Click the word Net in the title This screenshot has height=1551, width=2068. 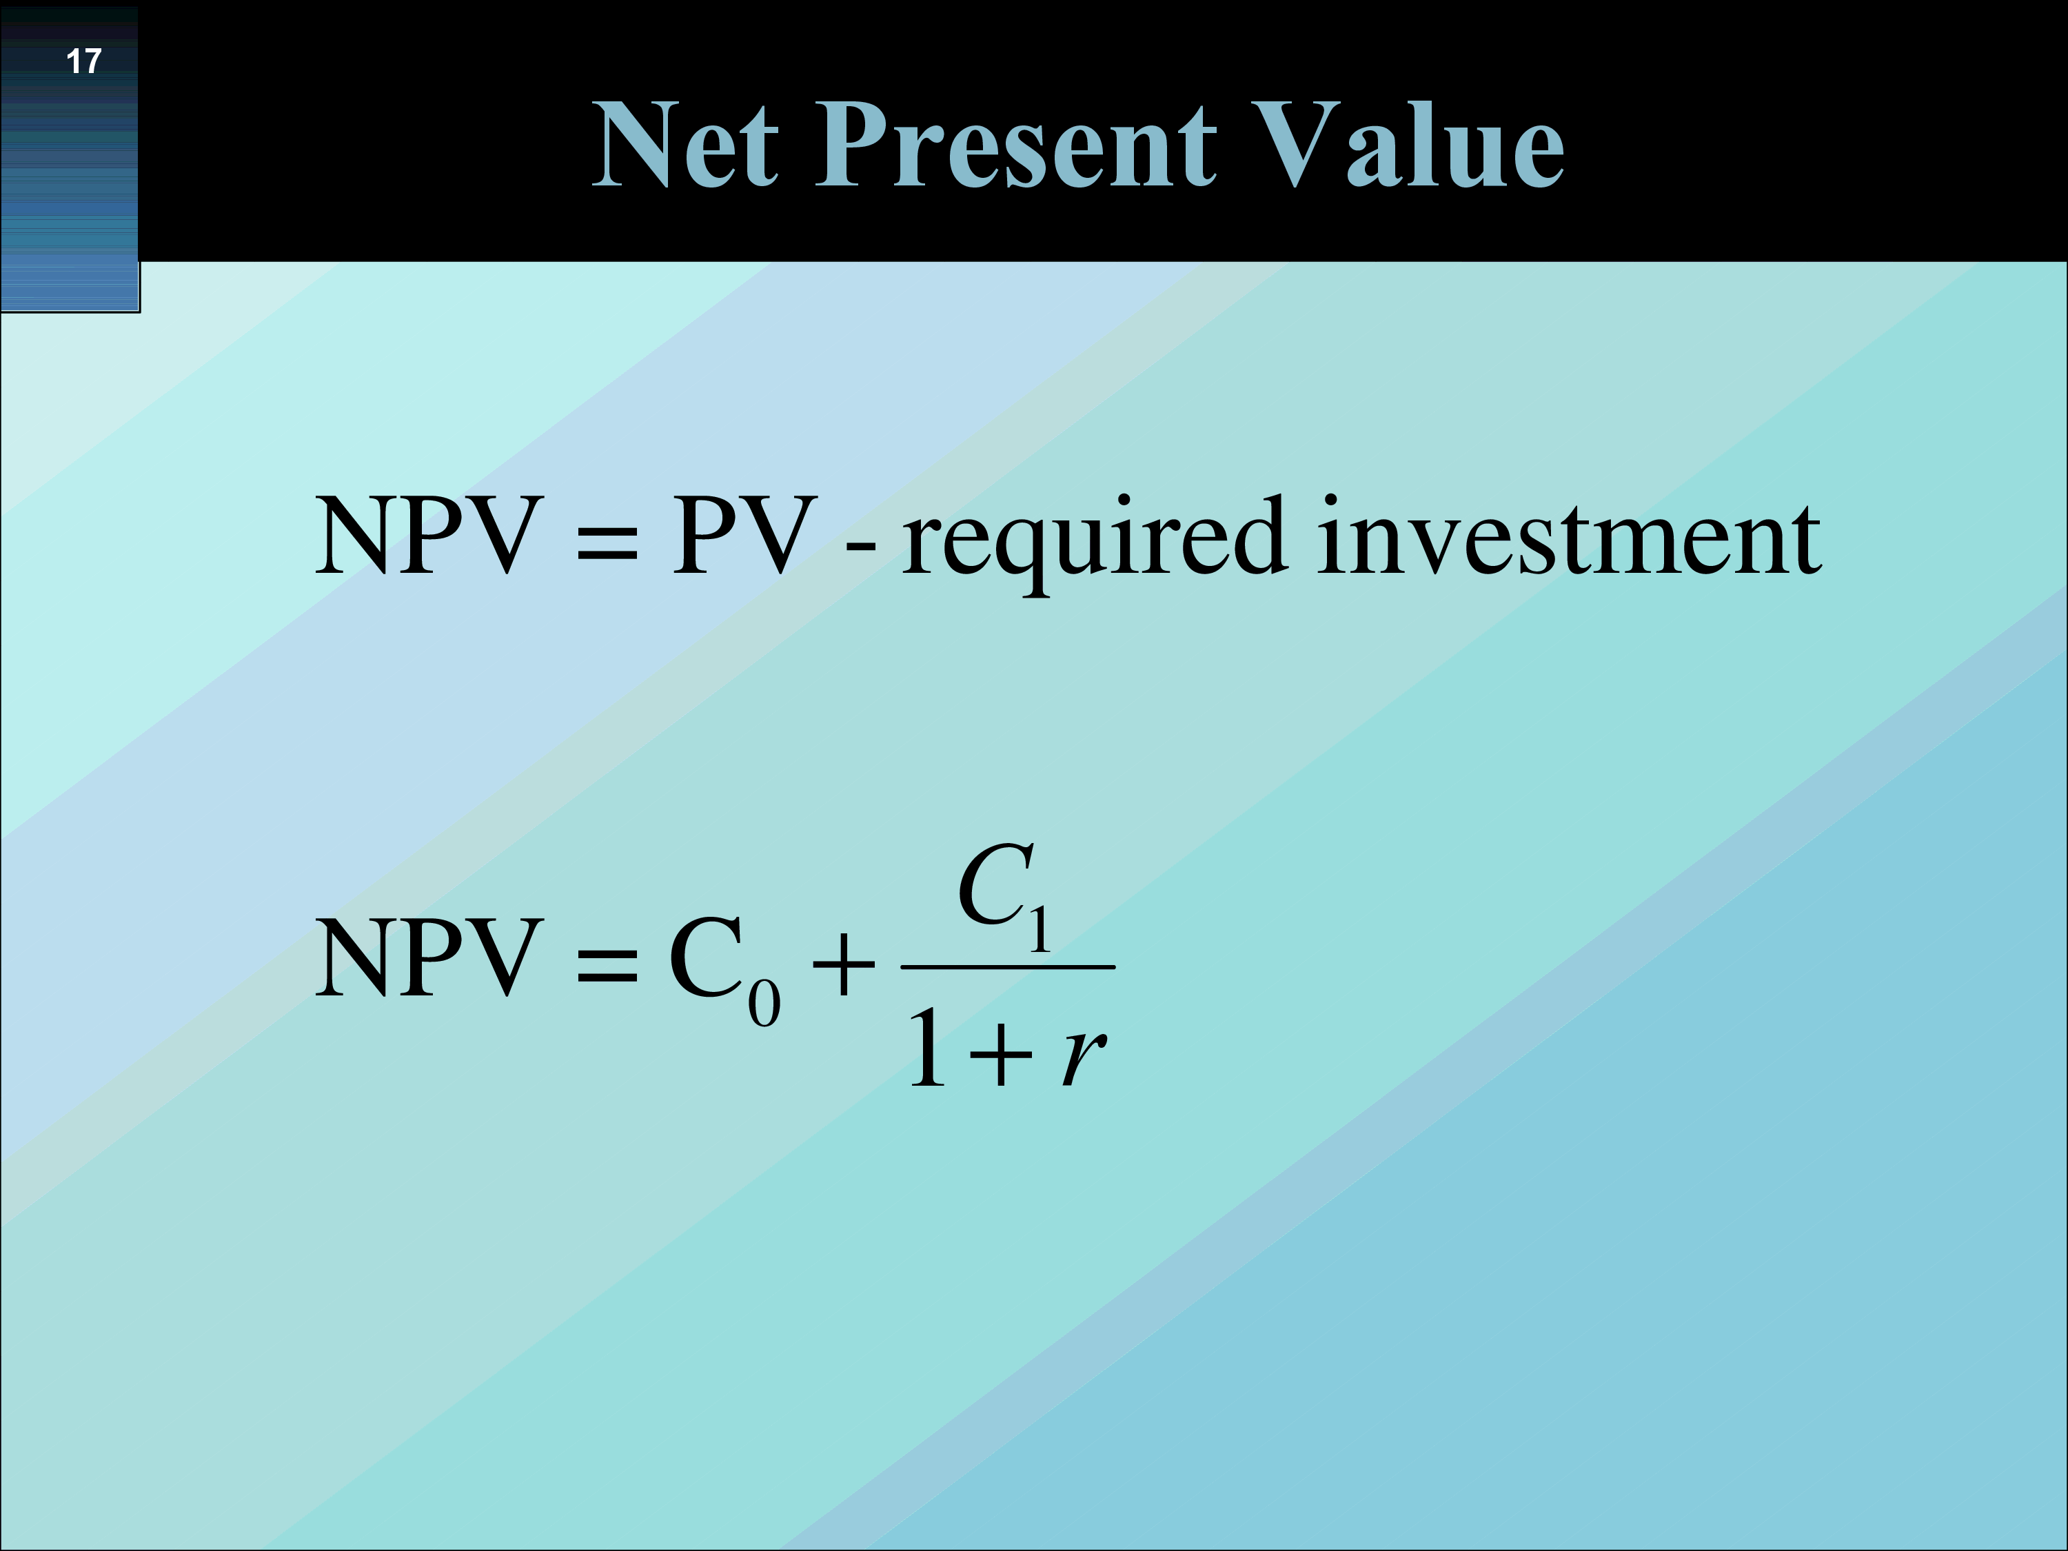[x=685, y=144]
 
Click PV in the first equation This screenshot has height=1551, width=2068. [x=744, y=535]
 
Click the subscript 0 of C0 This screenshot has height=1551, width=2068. [x=764, y=1003]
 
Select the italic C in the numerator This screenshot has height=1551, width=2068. [x=994, y=884]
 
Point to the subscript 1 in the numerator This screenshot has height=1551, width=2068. [x=1040, y=929]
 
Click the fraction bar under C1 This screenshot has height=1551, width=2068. [x=1008, y=966]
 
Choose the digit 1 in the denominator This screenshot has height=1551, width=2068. [x=929, y=1047]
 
